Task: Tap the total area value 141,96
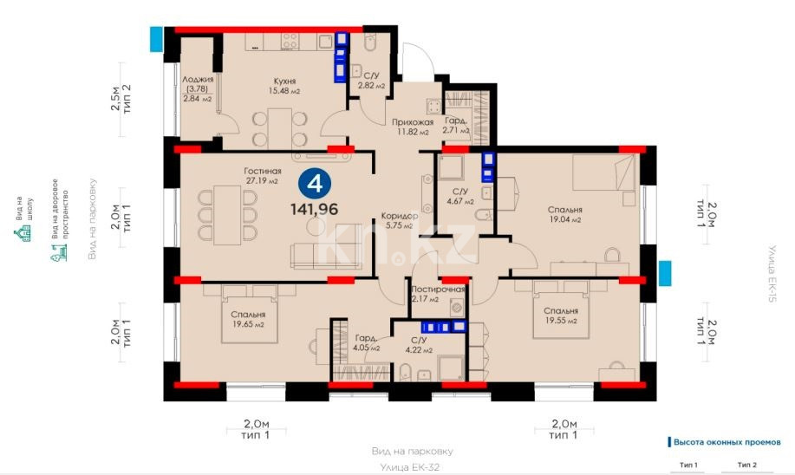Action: pyautogui.click(x=315, y=208)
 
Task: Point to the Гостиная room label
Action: pyautogui.click(x=261, y=171)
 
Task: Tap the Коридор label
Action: pyautogui.click(x=400, y=217)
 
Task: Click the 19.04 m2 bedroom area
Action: pyautogui.click(x=564, y=220)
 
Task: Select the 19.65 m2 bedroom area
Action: pyautogui.click(x=247, y=324)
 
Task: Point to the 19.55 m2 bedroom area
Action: pyautogui.click(x=560, y=320)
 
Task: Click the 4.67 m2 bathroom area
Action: pyautogui.click(x=459, y=201)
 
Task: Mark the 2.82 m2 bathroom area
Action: pyautogui.click(x=374, y=87)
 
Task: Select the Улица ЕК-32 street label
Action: pyautogui.click(x=412, y=467)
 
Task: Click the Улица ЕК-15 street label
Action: pyautogui.click(x=768, y=273)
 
